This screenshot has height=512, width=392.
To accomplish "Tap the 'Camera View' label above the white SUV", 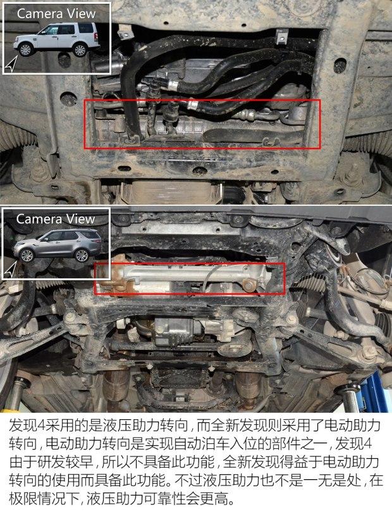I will pyautogui.click(x=56, y=13).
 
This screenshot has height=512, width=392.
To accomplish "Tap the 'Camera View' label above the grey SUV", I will pyautogui.click(x=56, y=219).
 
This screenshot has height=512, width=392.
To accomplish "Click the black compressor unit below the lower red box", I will pyautogui.click(x=177, y=329).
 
